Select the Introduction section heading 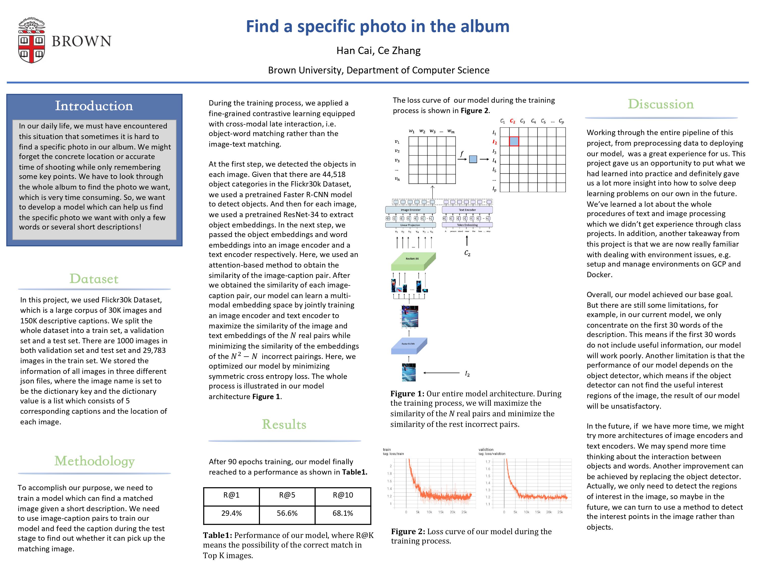pyautogui.click(x=94, y=106)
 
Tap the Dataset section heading pyautogui.click(x=94, y=279)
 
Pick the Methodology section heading pyautogui.click(x=94, y=461)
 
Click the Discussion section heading pyautogui.click(x=661, y=104)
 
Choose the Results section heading pyautogui.click(x=284, y=424)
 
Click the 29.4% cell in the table pyautogui.click(x=231, y=513)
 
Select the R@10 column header pyautogui.click(x=343, y=495)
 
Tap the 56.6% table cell pyautogui.click(x=287, y=513)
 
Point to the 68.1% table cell pyautogui.click(x=343, y=513)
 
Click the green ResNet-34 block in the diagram pyautogui.click(x=413, y=261)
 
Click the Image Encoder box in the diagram pyautogui.click(x=410, y=210)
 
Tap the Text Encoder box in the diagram pyautogui.click(x=467, y=210)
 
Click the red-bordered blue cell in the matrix pyautogui.click(x=514, y=141)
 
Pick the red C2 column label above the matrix pyautogui.click(x=512, y=121)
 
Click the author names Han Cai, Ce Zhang pyautogui.click(x=378, y=51)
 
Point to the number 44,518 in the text pyautogui.click(x=334, y=174)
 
